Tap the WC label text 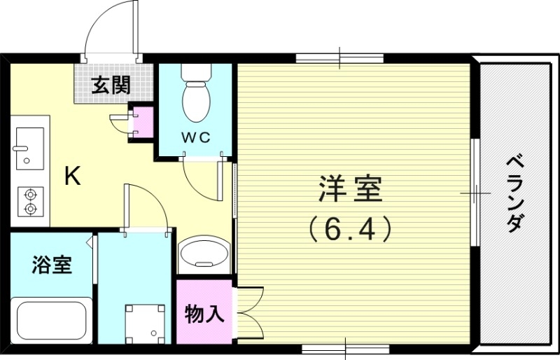point(197,137)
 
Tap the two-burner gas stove point(30,201)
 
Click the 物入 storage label point(204,314)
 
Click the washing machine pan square point(146,324)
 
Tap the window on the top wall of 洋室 point(340,57)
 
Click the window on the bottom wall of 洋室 point(346,347)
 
